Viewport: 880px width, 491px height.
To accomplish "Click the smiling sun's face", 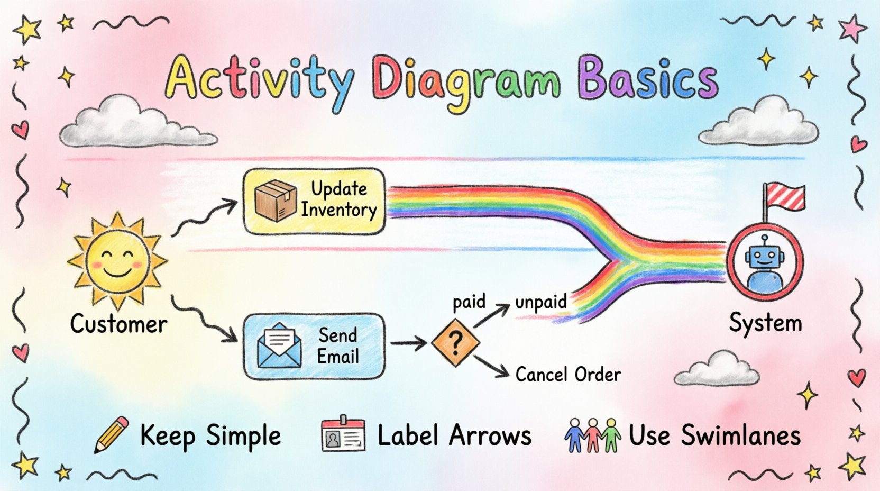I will tap(117, 262).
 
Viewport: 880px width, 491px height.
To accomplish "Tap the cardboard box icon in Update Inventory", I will tap(275, 201).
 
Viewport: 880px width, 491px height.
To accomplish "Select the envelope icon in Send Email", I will tap(279, 346).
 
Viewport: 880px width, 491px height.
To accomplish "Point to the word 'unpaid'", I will tap(540, 302).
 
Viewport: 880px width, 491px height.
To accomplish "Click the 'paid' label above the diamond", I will tap(469, 302).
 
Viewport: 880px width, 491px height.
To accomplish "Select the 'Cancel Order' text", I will tap(568, 375).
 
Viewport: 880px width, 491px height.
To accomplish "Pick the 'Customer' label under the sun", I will tap(118, 324).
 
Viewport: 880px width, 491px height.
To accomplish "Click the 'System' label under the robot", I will tap(765, 323).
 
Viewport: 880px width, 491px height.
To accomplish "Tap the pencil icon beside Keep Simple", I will tap(111, 435).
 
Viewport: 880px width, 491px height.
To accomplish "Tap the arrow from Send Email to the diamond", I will tap(408, 344).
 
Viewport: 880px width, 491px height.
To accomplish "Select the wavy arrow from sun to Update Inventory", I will tap(204, 218).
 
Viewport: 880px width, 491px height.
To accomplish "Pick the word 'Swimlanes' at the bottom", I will tap(740, 435).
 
